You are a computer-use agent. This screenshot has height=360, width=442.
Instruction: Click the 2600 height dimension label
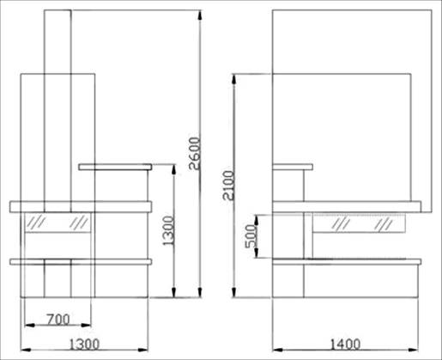[x=194, y=154]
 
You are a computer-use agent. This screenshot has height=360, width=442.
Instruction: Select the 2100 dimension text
[x=228, y=186]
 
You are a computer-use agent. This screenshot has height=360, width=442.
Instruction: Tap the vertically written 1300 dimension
[x=168, y=231]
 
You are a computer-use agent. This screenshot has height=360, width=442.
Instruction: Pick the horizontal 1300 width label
[x=85, y=344]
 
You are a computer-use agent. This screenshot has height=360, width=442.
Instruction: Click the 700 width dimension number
[x=58, y=320]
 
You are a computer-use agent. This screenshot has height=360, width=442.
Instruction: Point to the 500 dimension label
[x=250, y=236]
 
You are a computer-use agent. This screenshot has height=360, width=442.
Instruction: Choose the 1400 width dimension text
[x=346, y=344]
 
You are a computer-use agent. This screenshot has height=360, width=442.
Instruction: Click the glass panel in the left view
[x=58, y=223]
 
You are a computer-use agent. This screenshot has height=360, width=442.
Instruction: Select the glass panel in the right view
[x=359, y=223]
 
